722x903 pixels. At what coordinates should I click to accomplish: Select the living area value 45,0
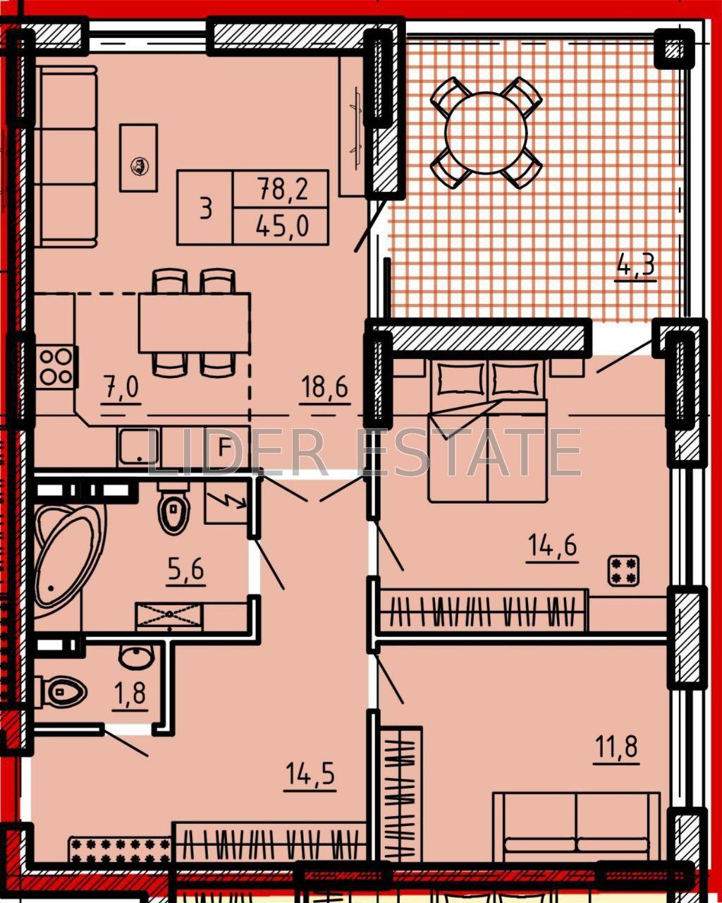[283, 226]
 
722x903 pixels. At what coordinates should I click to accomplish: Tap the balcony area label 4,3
[635, 265]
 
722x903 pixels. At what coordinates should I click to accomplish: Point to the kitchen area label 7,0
[122, 387]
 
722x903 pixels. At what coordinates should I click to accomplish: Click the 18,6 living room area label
[325, 387]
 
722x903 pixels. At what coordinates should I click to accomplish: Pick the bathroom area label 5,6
[186, 569]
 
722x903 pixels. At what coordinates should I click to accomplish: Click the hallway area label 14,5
[310, 773]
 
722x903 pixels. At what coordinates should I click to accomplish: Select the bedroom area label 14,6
[553, 545]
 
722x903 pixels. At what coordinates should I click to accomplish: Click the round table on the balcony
[486, 133]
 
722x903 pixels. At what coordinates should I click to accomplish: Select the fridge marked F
[225, 447]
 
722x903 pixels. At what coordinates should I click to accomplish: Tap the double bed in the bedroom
[487, 432]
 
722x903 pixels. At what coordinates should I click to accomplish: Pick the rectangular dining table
[195, 322]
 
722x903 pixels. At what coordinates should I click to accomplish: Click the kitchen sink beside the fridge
[138, 447]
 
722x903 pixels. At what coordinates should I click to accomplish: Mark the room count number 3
[206, 209]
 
